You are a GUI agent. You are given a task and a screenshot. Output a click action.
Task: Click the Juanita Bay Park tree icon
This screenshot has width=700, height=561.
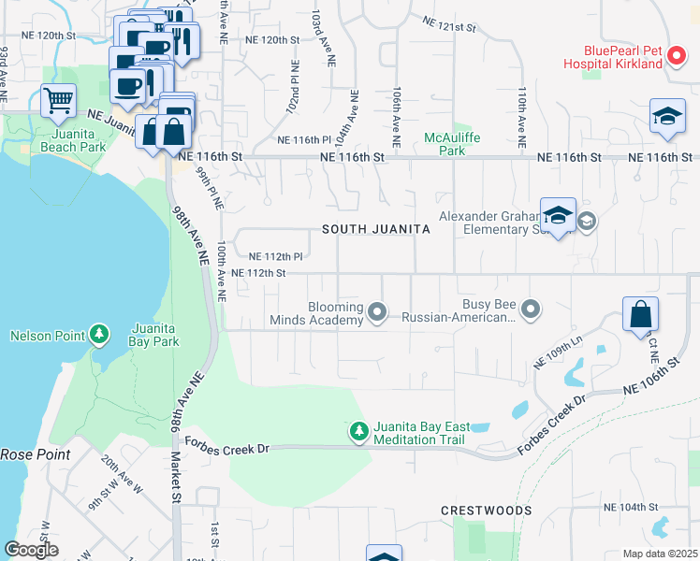pyautogui.click(x=99, y=335)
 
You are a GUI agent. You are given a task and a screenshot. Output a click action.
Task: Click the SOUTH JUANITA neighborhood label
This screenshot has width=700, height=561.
pyautogui.click(x=376, y=229)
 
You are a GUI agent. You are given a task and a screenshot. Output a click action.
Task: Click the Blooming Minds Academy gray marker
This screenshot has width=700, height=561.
pyautogui.click(x=377, y=310)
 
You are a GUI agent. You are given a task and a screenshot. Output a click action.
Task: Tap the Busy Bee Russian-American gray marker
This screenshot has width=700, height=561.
pyautogui.click(x=531, y=308)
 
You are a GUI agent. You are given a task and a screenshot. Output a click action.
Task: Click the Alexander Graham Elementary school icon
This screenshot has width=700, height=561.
pyautogui.click(x=558, y=215)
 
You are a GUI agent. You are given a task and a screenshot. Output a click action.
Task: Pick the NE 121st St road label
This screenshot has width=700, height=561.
pyautogui.click(x=449, y=24)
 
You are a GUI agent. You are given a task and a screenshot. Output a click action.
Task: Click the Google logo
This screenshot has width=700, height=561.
pyautogui.click(x=32, y=550)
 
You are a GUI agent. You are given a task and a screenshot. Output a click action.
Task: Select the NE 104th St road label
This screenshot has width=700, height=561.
pyautogui.click(x=633, y=506)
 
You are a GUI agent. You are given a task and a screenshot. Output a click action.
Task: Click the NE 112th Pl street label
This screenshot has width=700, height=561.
pyautogui.click(x=276, y=256)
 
